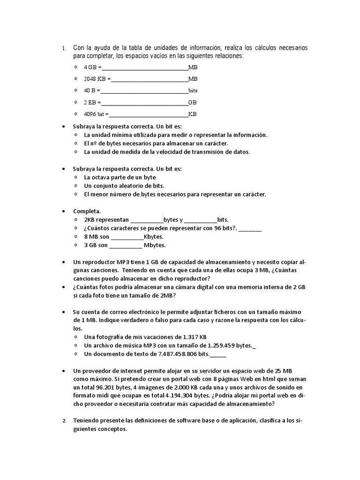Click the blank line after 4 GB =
pos(145,67)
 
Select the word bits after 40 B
pos(193,90)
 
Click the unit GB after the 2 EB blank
pos(192,102)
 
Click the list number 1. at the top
pos(64,48)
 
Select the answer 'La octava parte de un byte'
pos(120,177)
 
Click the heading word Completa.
pos(87,211)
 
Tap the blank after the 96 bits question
pos(253,228)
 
